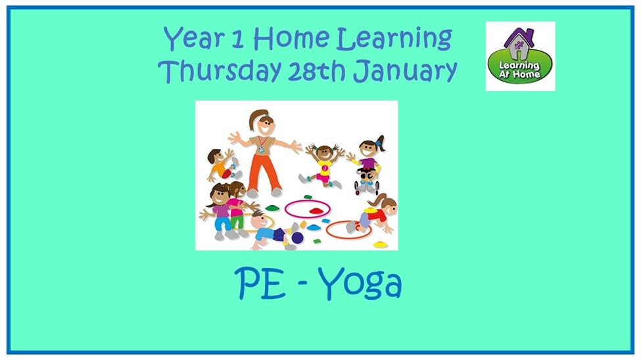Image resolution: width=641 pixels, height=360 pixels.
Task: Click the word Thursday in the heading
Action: (x=220, y=70)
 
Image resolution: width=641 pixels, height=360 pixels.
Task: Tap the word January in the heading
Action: (x=405, y=71)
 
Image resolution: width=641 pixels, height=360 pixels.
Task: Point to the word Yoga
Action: (x=360, y=283)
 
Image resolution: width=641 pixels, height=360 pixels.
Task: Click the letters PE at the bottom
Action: (x=260, y=283)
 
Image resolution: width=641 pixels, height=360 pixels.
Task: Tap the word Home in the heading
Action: (x=291, y=38)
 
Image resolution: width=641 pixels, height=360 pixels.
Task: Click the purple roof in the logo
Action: (x=518, y=37)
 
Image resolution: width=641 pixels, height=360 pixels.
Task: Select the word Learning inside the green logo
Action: (x=519, y=66)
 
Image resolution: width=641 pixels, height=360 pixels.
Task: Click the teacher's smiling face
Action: (x=266, y=125)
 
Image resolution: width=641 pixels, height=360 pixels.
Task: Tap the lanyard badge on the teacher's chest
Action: (x=261, y=150)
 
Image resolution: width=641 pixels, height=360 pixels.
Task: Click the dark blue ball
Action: (x=297, y=238)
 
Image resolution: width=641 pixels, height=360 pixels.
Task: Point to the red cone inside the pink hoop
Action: (x=316, y=211)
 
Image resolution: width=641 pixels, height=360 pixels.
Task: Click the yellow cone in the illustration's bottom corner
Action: (x=380, y=244)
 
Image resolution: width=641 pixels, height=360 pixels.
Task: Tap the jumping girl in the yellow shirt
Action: (x=323, y=166)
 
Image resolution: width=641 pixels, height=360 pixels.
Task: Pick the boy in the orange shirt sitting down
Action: (x=222, y=165)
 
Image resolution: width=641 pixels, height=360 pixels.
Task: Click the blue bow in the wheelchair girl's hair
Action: (x=379, y=143)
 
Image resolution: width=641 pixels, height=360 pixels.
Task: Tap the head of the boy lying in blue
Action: (x=259, y=221)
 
